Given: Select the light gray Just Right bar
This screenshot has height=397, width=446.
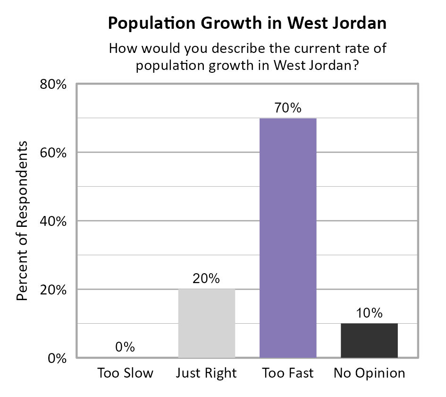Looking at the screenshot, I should tap(207, 323).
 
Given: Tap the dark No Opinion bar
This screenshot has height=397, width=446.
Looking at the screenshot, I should tap(369, 340).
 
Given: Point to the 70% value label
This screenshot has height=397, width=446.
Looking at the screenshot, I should tap(288, 108).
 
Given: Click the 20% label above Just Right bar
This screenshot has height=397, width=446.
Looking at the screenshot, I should tap(206, 279).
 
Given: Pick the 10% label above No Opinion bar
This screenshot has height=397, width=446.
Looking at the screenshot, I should tap(369, 313).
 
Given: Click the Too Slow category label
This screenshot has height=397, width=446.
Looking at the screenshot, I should tap(126, 373).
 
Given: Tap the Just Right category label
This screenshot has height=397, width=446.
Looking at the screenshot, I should tap(206, 373).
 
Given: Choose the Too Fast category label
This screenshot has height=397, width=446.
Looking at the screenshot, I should tap(288, 373).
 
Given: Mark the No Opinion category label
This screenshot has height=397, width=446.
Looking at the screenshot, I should tap(369, 373).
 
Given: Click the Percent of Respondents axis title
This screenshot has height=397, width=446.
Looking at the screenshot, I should tap(22, 221).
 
